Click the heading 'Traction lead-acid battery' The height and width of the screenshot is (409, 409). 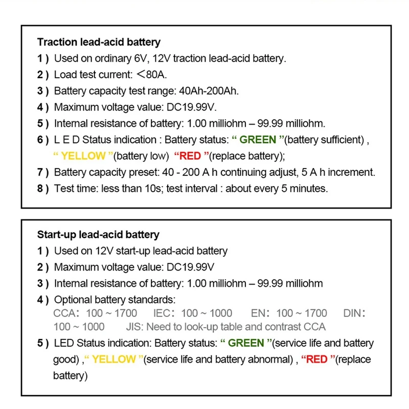point(99,42)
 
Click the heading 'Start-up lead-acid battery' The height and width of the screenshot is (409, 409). point(98,235)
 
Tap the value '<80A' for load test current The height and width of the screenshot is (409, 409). point(151,75)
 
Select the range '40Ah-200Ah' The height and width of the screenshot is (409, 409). point(209,92)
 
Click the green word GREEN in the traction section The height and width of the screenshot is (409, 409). point(258,140)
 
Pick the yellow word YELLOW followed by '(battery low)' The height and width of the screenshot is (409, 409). point(83,156)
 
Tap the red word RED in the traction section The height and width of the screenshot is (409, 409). point(190,156)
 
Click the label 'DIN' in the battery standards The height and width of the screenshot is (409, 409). point(353,313)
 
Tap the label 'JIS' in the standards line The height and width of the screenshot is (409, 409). point(133,326)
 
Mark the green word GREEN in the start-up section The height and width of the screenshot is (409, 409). point(246,343)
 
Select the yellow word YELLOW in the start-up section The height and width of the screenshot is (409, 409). point(113,359)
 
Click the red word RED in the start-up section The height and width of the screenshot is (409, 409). point(316,359)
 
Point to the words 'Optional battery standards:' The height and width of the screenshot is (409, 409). point(115,299)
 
